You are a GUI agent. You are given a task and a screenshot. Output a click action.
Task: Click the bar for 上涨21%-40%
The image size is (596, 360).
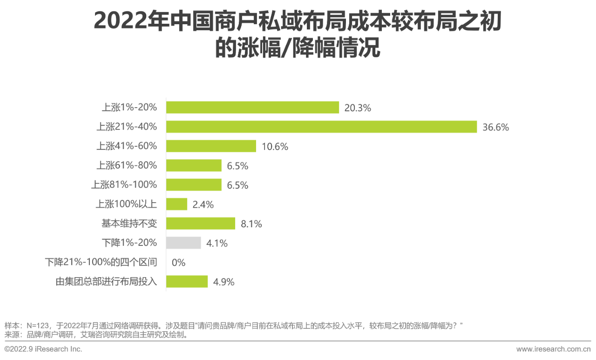point(321,127)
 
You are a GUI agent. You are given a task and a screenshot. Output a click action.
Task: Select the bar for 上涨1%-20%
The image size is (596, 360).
point(252,108)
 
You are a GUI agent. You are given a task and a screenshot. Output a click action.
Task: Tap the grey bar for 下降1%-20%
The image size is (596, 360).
point(183,243)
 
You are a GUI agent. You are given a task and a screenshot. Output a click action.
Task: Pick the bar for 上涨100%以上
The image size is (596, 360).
point(176,204)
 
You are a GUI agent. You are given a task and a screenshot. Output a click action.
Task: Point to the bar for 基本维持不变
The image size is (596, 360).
point(201,224)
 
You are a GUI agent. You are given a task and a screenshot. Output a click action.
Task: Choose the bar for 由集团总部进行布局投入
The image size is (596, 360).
point(187,281)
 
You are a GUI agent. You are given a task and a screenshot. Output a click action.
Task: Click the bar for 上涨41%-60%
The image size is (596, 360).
point(211,146)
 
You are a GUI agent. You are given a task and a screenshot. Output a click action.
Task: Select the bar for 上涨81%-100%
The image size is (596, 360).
point(194,185)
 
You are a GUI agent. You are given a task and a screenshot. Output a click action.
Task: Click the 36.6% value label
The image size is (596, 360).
point(495,127)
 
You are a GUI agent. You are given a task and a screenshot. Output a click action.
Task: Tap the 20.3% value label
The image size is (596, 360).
point(358,108)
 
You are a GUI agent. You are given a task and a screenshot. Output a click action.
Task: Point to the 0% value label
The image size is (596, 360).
point(178,263)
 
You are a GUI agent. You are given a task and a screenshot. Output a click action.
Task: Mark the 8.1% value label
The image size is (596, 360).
point(251,224)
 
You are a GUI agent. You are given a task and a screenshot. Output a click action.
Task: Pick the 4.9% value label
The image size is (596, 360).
point(223,282)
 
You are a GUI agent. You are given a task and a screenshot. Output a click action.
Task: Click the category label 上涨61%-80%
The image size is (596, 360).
point(127,165)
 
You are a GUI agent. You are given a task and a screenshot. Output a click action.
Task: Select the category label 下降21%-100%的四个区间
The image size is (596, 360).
point(101,262)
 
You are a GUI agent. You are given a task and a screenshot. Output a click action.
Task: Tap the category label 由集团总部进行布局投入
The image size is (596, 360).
point(106,281)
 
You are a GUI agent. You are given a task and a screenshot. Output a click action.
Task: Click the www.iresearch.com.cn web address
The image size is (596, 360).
point(554,349)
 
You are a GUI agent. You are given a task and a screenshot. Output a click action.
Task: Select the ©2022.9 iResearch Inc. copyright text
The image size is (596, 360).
point(43,349)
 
